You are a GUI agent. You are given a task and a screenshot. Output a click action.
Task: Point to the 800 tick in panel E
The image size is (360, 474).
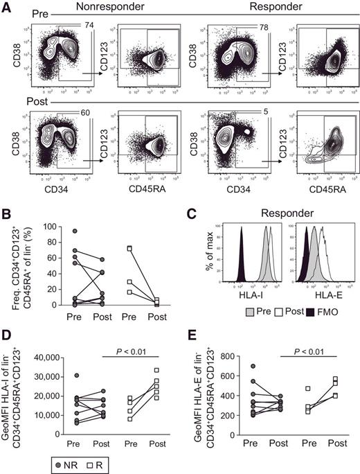[230, 357]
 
